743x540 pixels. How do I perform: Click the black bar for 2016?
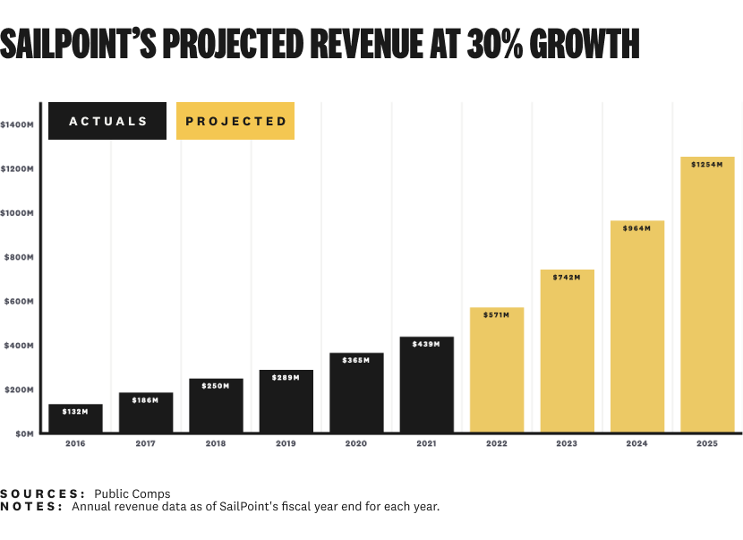click(75, 419)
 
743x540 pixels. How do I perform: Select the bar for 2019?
click(286, 402)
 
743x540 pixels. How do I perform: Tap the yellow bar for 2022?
click(497, 371)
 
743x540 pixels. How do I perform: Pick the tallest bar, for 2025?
click(707, 296)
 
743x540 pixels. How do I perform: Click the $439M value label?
click(426, 344)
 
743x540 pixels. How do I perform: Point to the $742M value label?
click(567, 277)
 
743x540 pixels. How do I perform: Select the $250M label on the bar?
click(216, 386)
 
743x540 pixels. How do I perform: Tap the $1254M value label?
click(707, 164)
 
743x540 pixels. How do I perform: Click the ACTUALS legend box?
click(107, 121)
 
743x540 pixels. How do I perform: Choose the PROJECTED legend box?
click(236, 121)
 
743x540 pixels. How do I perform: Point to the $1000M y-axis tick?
click(18, 213)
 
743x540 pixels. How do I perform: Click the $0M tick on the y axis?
click(21, 433)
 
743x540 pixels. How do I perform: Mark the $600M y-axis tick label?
click(20, 302)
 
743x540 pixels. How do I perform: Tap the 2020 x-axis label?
click(356, 443)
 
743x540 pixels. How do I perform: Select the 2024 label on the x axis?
click(637, 443)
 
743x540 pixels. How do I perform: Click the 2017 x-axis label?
click(145, 443)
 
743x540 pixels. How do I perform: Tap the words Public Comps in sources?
click(132, 493)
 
